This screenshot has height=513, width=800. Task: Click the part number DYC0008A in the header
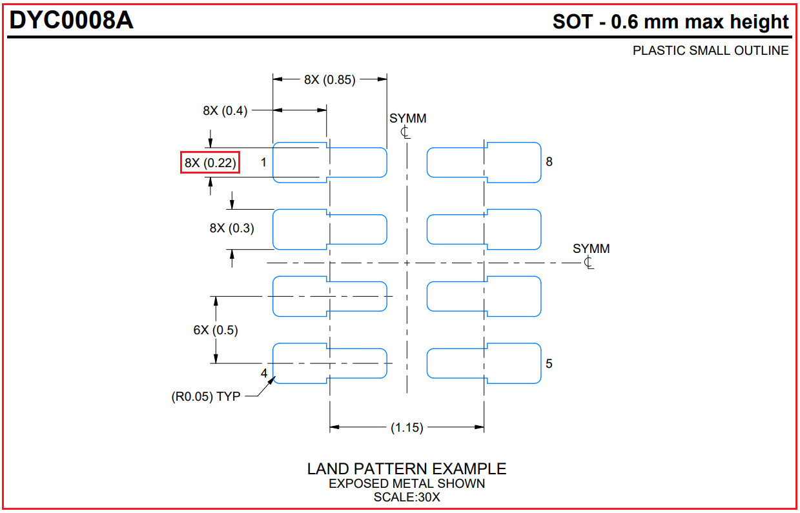click(72, 21)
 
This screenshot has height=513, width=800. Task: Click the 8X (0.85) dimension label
click(329, 80)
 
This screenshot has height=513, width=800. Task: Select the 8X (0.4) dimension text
click(225, 110)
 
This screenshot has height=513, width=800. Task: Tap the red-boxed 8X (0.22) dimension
click(210, 163)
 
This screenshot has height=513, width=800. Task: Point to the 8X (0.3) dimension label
click(232, 228)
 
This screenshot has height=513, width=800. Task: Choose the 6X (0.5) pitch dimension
click(216, 330)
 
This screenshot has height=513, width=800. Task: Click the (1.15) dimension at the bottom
click(407, 427)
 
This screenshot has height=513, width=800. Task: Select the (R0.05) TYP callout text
click(205, 396)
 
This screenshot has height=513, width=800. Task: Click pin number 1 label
click(263, 162)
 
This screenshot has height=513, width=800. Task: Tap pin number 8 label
click(549, 162)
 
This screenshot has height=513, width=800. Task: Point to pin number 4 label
click(264, 374)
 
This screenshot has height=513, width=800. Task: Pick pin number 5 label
click(549, 363)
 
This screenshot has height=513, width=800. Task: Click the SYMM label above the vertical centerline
click(407, 119)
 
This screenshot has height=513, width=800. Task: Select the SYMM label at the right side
click(591, 249)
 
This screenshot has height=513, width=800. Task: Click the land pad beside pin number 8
click(484, 162)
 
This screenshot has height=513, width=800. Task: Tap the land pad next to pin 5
click(484, 363)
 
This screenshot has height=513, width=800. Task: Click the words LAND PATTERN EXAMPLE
click(406, 469)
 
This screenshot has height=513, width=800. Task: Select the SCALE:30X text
click(407, 497)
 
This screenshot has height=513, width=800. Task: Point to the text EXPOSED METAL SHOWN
click(407, 483)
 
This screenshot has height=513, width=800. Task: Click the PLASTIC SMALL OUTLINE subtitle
click(710, 50)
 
